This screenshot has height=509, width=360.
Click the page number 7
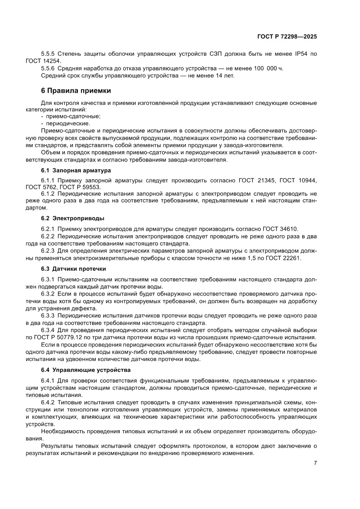315,463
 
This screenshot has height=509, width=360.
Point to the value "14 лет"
223,75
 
